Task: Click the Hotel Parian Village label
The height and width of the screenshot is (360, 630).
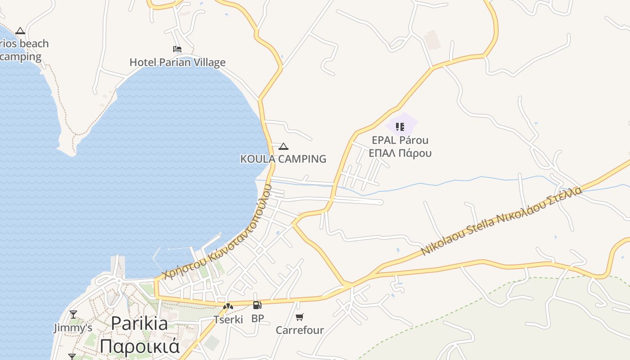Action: click(177, 62)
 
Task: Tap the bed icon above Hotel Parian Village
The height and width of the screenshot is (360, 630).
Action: click(177, 49)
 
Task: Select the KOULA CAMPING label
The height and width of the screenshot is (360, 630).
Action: click(283, 159)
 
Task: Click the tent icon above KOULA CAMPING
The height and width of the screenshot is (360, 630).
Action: click(283, 146)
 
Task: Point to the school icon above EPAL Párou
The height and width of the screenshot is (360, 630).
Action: click(400, 126)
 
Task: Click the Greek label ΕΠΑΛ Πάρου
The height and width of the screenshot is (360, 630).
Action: click(400, 153)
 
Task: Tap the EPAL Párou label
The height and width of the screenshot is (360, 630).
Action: click(400, 140)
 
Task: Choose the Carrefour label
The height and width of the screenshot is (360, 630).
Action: click(300, 330)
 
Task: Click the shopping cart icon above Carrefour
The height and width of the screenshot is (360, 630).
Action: click(300, 317)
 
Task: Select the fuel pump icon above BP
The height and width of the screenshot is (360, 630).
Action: click(257, 306)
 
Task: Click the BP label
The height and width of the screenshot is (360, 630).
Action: click(257, 319)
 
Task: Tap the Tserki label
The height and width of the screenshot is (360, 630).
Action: click(228, 319)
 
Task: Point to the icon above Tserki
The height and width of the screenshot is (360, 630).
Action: click(228, 307)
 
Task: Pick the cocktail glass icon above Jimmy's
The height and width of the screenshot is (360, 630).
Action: click(73, 314)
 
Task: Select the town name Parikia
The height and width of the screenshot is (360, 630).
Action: click(139, 323)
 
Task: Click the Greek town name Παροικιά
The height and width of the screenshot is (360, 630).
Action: click(139, 346)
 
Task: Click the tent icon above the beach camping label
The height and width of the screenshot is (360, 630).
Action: click(20, 31)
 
